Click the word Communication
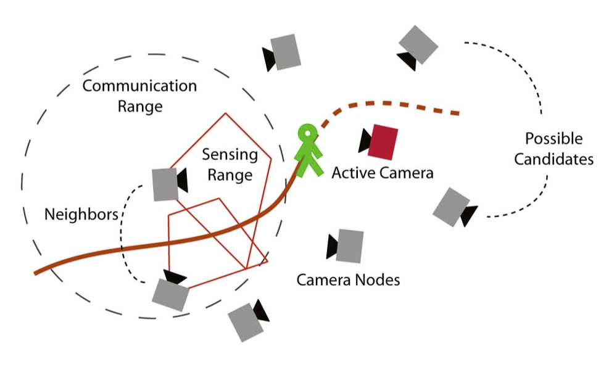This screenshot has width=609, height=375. [x=139, y=86]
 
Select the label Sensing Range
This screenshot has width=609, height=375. [x=230, y=163]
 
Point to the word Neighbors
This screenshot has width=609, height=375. [x=81, y=215]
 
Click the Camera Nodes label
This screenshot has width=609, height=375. [x=348, y=280]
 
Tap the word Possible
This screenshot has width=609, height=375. [x=553, y=139]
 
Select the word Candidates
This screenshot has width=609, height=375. [x=553, y=159]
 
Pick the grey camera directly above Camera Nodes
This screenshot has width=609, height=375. [x=350, y=245]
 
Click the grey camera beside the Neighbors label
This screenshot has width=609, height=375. [x=165, y=183]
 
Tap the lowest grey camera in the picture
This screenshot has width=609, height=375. [x=246, y=321]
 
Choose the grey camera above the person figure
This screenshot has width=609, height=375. [x=286, y=51]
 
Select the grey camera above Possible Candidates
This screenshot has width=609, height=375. [x=418, y=44]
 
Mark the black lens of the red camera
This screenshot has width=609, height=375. [x=365, y=141]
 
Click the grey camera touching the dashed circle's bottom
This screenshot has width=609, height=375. [x=171, y=294]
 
